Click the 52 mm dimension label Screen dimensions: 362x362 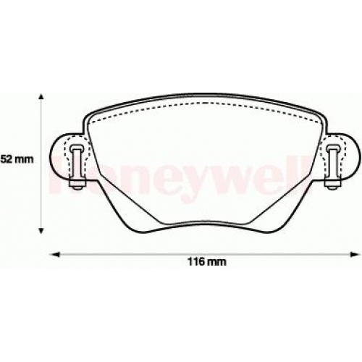click(x=17, y=159)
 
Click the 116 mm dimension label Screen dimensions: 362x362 click(x=207, y=261)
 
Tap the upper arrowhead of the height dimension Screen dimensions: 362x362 click(x=41, y=96)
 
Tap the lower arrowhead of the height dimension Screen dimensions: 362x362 click(x=41, y=231)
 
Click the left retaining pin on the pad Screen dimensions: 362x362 click(x=77, y=167)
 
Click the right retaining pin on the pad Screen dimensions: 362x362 click(x=334, y=167)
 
